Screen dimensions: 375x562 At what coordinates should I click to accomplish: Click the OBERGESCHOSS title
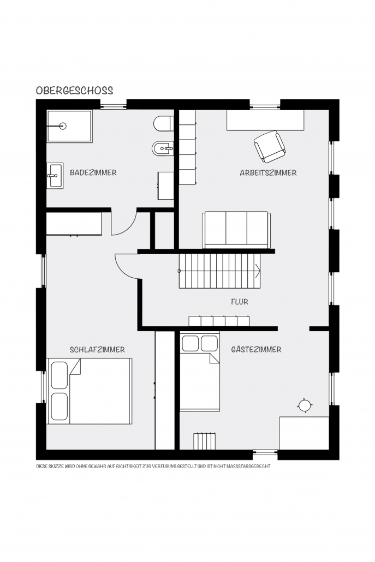(75, 91)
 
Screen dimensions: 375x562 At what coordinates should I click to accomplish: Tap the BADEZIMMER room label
(93, 173)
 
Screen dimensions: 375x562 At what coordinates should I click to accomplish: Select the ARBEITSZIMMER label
(268, 173)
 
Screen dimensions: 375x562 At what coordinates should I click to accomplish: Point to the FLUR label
(240, 302)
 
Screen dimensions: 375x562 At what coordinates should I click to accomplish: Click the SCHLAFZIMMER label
(97, 349)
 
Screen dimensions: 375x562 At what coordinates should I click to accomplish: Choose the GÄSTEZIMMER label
(256, 349)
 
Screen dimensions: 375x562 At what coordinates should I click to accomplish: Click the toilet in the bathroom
(163, 124)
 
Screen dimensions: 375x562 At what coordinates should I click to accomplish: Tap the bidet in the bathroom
(163, 148)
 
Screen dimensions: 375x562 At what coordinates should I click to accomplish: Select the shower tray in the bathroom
(69, 126)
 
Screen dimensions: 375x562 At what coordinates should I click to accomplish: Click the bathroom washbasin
(55, 176)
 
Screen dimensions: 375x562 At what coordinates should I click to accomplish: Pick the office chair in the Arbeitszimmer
(270, 146)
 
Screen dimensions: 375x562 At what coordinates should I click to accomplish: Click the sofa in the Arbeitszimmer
(236, 230)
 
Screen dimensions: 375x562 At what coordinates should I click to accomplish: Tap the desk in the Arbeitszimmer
(265, 119)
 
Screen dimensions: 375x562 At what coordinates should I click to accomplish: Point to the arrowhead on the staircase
(258, 271)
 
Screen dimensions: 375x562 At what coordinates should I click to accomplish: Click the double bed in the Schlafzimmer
(90, 391)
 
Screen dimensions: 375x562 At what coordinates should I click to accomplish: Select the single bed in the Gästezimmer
(200, 372)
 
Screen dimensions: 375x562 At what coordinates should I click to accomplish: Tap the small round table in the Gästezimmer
(305, 405)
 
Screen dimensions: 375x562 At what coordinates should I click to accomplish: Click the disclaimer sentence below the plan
(153, 467)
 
